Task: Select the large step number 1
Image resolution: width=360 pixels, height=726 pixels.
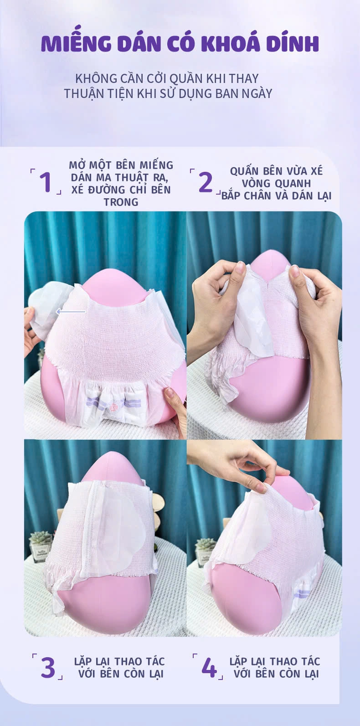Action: click(x=46, y=182)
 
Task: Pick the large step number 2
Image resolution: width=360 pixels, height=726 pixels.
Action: click(x=206, y=182)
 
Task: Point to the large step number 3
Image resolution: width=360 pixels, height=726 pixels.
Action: click(x=48, y=667)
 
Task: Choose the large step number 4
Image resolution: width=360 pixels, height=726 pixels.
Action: click(x=209, y=667)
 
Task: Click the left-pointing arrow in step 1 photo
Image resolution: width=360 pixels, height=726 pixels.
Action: click(x=71, y=312)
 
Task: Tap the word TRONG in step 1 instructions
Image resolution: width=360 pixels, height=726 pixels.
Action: click(x=121, y=202)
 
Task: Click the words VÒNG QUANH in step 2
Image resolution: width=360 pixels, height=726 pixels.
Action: click(x=277, y=184)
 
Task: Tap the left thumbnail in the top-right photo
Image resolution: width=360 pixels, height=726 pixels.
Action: click(x=240, y=268)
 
